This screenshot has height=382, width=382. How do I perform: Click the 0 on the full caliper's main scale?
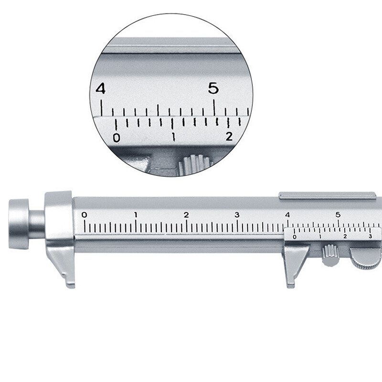tap(85, 214)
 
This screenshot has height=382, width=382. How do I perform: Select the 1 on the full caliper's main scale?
tap(136, 214)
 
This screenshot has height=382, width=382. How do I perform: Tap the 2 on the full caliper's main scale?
tap(186, 214)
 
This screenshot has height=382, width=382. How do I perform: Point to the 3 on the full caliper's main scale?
tap(237, 214)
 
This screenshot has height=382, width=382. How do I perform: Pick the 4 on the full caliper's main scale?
tap(287, 214)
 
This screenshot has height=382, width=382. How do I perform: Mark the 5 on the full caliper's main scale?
tap(338, 214)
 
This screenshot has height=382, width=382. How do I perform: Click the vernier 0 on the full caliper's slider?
tap(294, 236)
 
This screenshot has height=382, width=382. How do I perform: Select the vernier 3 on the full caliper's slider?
tap(370, 236)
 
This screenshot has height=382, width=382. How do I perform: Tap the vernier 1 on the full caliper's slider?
tap(320, 236)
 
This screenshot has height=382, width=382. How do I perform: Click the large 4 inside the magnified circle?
tap(100, 89)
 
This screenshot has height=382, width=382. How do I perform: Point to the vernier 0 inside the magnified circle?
tap(116, 138)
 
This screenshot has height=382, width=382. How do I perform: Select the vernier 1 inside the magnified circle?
tap(173, 138)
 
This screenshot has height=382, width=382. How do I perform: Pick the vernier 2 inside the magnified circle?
tap(229, 137)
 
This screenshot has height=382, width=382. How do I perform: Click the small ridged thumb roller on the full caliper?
tap(329, 254)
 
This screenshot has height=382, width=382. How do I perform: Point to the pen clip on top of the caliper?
tap(327, 195)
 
